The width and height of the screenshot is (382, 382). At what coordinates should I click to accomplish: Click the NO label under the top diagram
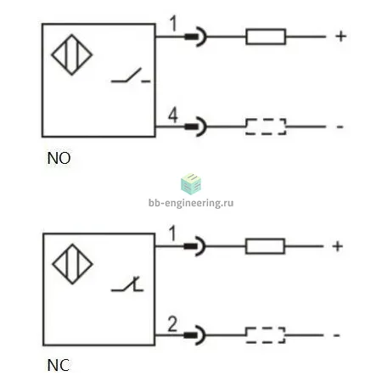coord(59,158)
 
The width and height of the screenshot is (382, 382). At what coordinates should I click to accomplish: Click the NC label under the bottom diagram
coord(59,365)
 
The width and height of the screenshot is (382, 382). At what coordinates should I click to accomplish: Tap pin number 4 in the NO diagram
coord(173,115)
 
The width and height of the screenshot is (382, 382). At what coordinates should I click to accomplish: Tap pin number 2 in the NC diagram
coord(172,324)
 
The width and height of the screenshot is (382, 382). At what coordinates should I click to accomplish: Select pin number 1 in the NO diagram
coord(173,24)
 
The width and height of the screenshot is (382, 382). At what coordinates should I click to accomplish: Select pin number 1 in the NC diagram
coord(172,233)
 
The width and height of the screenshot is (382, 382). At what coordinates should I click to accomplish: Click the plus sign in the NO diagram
coord(341,37)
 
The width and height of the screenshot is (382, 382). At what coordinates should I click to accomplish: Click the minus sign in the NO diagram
coord(340,126)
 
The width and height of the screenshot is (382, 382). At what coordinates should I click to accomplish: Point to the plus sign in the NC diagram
coord(337,246)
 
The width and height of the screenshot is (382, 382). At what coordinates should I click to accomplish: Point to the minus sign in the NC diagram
coord(336,335)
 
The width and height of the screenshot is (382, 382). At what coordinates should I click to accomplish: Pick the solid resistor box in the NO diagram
coord(266,37)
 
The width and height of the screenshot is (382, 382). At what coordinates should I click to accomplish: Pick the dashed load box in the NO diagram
coord(266,126)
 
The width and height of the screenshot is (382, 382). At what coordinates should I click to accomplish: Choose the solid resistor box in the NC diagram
coord(265,246)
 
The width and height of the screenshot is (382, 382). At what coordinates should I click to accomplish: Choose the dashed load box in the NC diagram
coord(265,335)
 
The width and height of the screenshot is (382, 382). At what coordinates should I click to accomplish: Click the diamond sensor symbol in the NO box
coord(72,54)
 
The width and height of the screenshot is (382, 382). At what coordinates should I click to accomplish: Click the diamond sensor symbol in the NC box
coord(72,264)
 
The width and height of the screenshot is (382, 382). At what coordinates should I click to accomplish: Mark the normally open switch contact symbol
coord(131,76)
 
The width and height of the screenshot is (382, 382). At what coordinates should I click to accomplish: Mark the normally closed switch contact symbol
coord(127,284)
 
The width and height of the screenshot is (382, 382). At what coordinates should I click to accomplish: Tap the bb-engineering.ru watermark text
coord(191,203)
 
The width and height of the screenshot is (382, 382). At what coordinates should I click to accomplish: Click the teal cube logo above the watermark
coord(191,184)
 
